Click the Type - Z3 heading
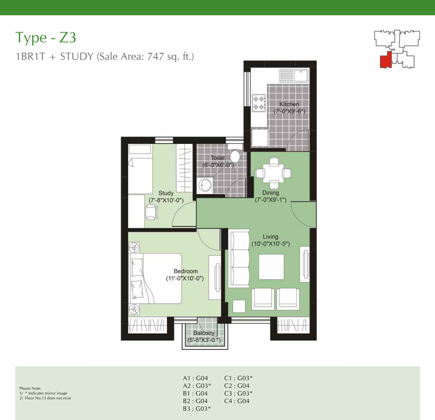click(x=46, y=38)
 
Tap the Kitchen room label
click(x=289, y=104)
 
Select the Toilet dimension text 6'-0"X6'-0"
click(x=218, y=165)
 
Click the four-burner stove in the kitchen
click(x=259, y=103)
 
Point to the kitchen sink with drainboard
click(x=294, y=76)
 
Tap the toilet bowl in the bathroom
click(x=235, y=154)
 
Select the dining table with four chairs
click(x=274, y=173)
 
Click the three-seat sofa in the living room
click(x=239, y=258)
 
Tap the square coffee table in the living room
click(x=272, y=267)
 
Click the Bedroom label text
click(x=186, y=271)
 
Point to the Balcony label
click(x=204, y=333)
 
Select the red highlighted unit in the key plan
click(x=385, y=61)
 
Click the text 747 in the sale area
click(x=156, y=56)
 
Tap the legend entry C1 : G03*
click(x=238, y=378)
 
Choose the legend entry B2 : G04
click(x=195, y=401)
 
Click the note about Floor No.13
click(x=45, y=398)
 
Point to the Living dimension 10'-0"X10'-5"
click(x=271, y=244)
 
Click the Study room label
click(x=166, y=193)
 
